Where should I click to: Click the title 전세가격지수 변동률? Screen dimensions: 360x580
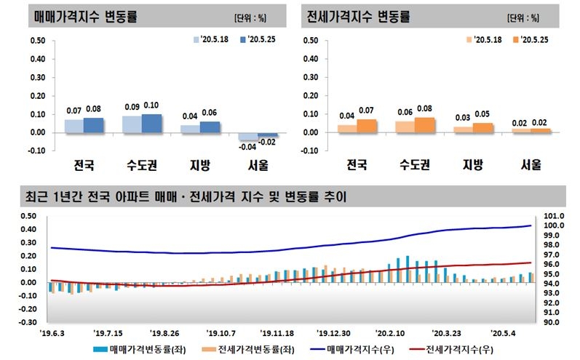[x=359, y=15]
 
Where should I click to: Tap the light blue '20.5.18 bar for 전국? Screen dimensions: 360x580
[x=74, y=126]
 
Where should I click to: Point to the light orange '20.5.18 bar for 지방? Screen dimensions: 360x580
[x=463, y=129]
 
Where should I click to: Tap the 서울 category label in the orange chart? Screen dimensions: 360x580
[x=531, y=165]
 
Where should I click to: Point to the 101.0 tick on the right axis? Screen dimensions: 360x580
[x=554, y=216]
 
